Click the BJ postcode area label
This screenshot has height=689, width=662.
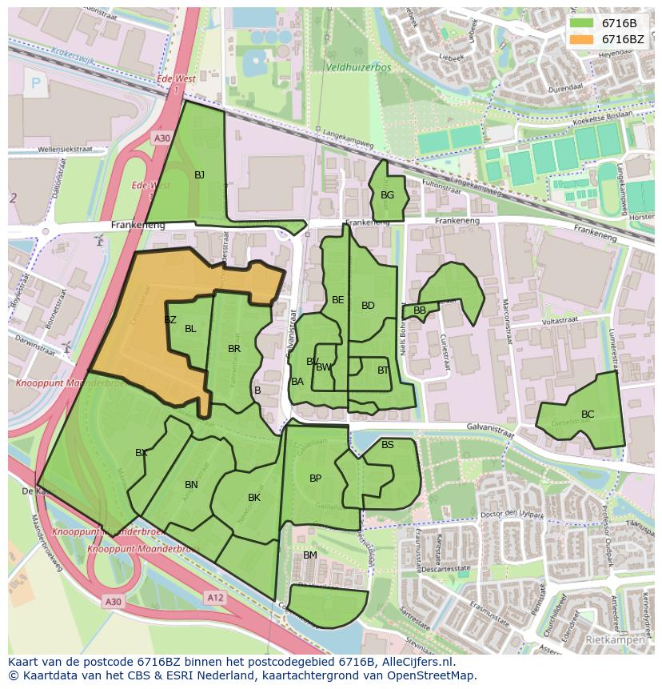coord(199,175)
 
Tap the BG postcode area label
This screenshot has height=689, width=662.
coord(387,195)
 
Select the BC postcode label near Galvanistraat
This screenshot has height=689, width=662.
coord(588,415)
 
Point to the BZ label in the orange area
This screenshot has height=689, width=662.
coord(169,320)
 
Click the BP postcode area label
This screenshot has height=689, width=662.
coord(315,479)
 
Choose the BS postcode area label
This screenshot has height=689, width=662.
coord(388,445)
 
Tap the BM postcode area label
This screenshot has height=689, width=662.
coord(310,555)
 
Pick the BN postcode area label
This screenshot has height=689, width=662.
coord(191,485)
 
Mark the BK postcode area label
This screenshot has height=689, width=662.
coord(254,498)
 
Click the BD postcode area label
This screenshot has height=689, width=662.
coord(368,306)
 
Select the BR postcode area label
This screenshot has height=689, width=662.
coord(234,349)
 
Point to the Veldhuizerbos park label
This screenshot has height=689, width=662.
coord(358,68)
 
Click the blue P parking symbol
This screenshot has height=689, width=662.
coord(35,82)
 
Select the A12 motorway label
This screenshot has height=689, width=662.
coord(215,597)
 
